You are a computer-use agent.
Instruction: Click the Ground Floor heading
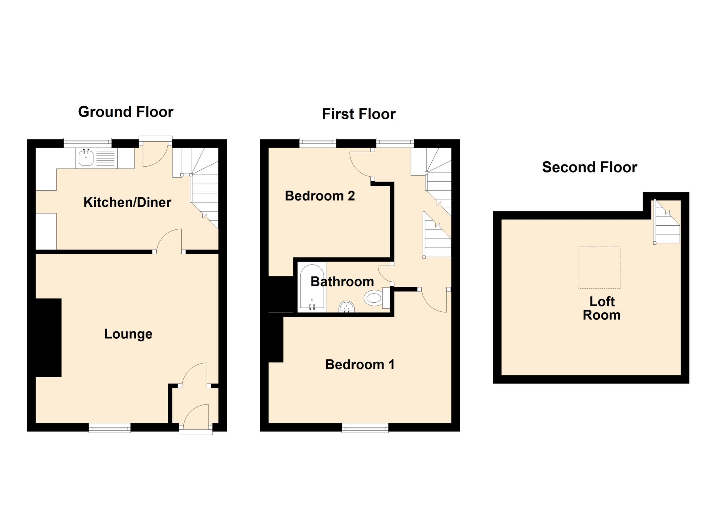click(126, 112)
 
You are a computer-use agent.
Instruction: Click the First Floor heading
click(358, 114)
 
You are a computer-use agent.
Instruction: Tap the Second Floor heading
click(589, 167)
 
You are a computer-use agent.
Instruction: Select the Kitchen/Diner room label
click(127, 202)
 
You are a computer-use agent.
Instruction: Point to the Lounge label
click(128, 334)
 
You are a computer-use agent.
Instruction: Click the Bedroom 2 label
click(320, 196)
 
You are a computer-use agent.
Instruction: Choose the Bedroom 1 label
click(360, 365)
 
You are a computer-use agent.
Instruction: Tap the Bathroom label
click(342, 282)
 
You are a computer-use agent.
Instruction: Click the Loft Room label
click(601, 308)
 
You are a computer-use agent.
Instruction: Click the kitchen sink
click(86, 158)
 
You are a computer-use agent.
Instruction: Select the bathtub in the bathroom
click(312, 287)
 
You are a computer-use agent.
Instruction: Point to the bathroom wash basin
click(347, 308)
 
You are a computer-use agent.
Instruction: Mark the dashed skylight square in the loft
click(599, 268)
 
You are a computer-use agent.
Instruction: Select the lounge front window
click(110, 428)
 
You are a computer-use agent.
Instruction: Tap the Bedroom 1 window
click(365, 428)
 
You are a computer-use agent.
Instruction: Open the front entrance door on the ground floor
click(196, 420)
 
